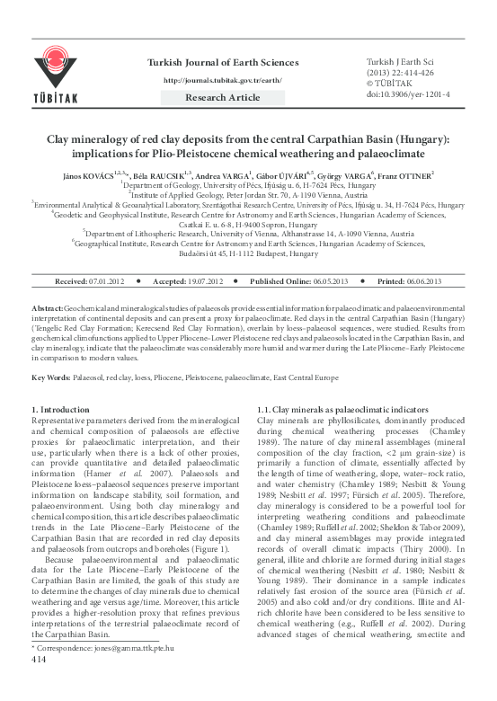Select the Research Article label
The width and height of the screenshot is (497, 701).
click(229, 96)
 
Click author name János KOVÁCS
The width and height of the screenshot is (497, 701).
click(88, 173)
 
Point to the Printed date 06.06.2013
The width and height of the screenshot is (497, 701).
click(400, 281)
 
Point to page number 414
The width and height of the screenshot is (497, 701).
click(39, 684)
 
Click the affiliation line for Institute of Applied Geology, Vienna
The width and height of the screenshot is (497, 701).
click(249, 193)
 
